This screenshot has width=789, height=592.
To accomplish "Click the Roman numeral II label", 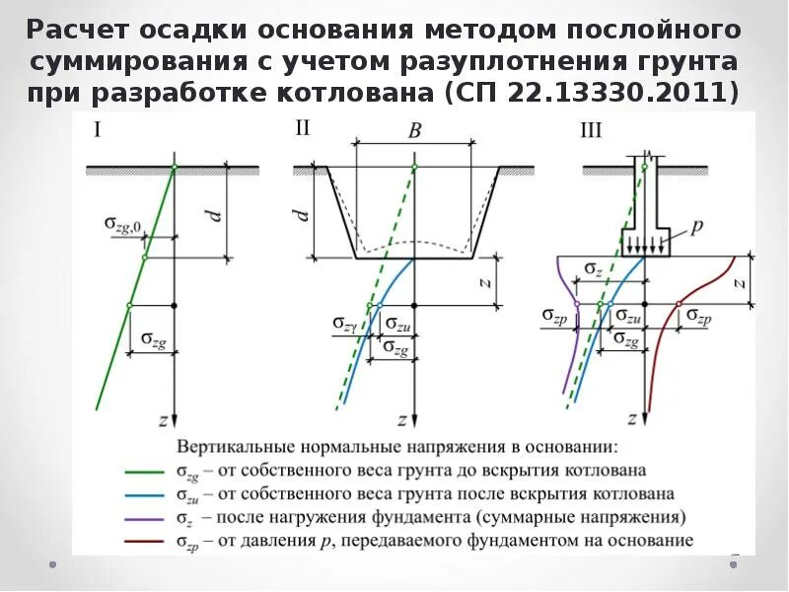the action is (303, 128).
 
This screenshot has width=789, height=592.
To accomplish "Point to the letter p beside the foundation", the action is (696, 227).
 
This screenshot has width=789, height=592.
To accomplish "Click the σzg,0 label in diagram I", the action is (124, 225).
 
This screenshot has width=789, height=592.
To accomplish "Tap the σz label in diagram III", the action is (592, 268).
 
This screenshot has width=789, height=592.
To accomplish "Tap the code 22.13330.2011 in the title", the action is (626, 95).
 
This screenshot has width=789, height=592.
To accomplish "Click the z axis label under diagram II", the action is (402, 419).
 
